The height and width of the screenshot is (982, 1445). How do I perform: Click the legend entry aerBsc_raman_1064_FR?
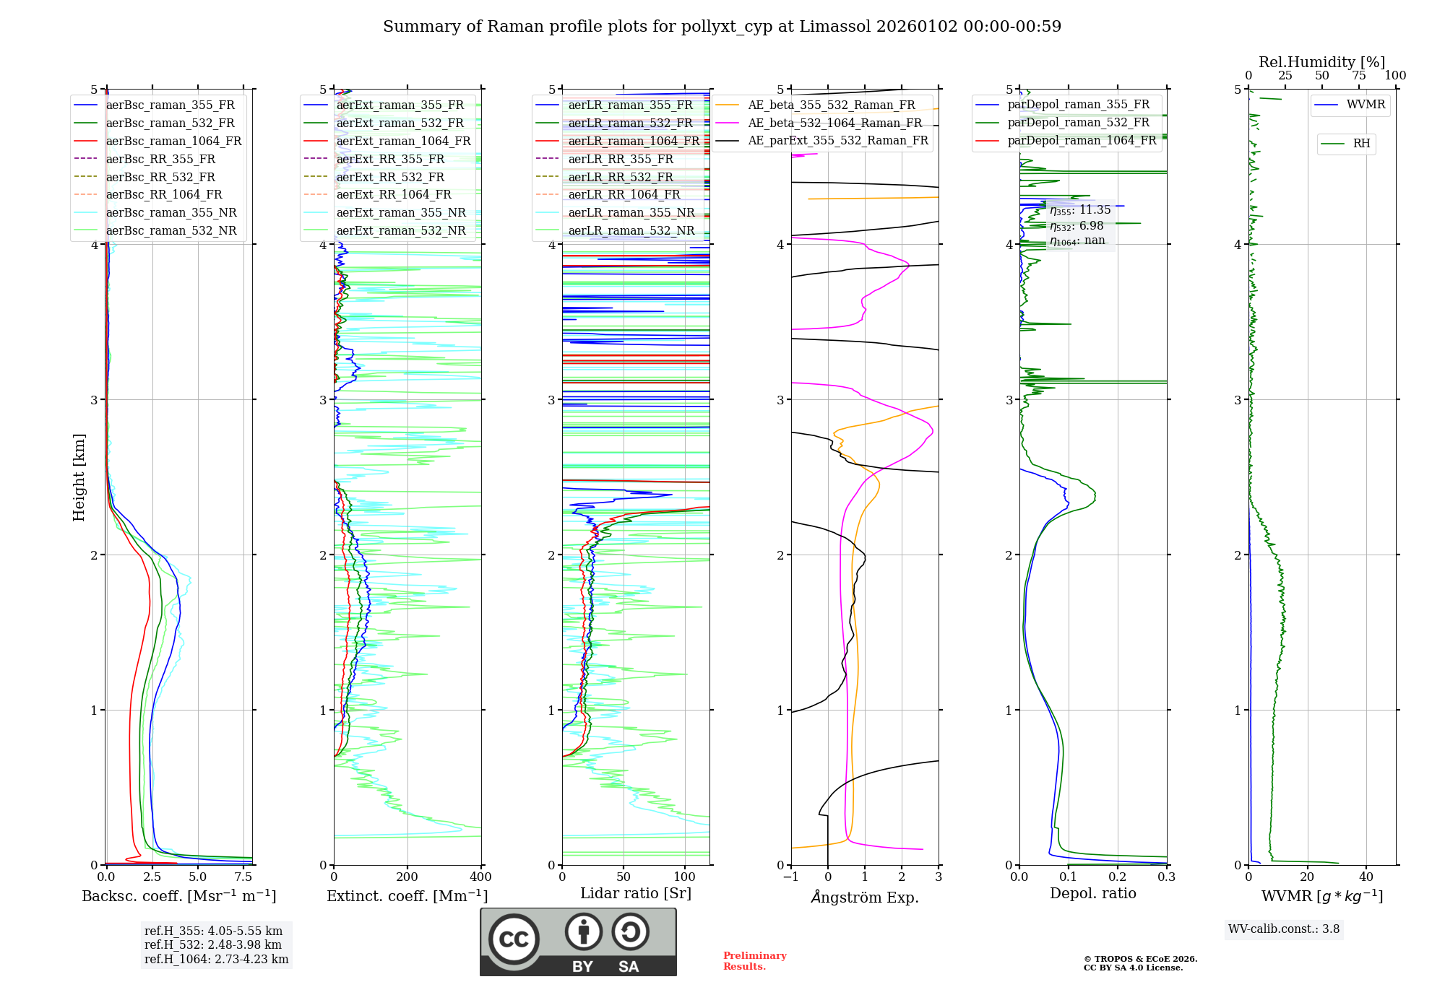click(x=173, y=141)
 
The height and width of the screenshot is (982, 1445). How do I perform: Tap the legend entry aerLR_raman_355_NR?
click(x=631, y=212)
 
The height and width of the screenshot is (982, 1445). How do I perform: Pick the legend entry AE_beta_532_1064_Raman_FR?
click(x=834, y=123)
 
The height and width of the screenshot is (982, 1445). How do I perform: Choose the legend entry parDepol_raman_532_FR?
click(x=1078, y=123)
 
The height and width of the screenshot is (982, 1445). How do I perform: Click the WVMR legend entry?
click(x=1366, y=105)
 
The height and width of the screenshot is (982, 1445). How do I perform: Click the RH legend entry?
click(x=1361, y=144)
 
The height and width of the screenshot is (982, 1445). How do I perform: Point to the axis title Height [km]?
click(x=79, y=477)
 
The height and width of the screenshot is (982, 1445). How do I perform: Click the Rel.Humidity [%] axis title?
click(x=1321, y=62)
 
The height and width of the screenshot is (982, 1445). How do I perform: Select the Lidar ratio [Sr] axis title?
click(x=636, y=893)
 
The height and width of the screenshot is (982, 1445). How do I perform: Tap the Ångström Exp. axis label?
click(x=865, y=897)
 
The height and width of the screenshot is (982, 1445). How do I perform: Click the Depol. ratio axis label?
click(x=1092, y=893)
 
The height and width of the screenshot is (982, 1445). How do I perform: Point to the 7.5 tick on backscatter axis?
click(x=243, y=877)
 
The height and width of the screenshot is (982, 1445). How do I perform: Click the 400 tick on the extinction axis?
click(x=480, y=877)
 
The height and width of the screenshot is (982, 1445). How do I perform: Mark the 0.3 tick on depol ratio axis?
click(x=1166, y=877)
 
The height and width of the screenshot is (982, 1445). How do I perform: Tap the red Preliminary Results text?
click(x=754, y=961)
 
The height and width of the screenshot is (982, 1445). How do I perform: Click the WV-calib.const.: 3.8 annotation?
click(x=1284, y=929)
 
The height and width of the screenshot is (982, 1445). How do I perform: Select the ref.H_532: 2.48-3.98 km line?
click(x=213, y=944)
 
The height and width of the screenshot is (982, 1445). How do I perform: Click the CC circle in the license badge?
click(x=514, y=939)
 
